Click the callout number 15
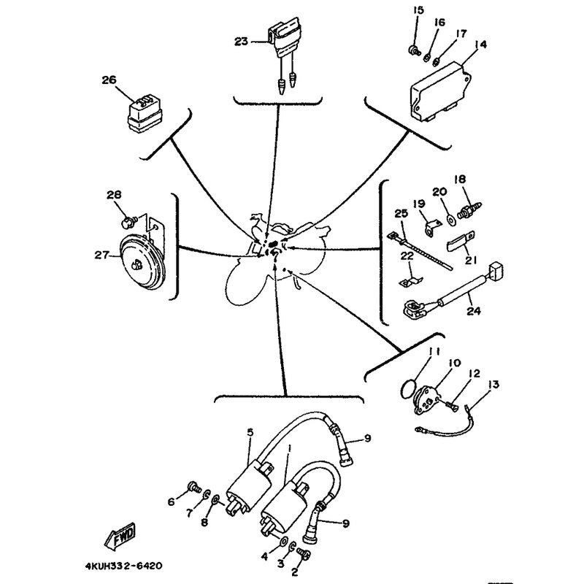point(418,9)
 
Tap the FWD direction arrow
point(120,538)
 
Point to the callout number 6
point(172,501)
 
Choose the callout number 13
point(494,384)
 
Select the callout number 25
point(399,213)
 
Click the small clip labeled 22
point(409,279)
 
